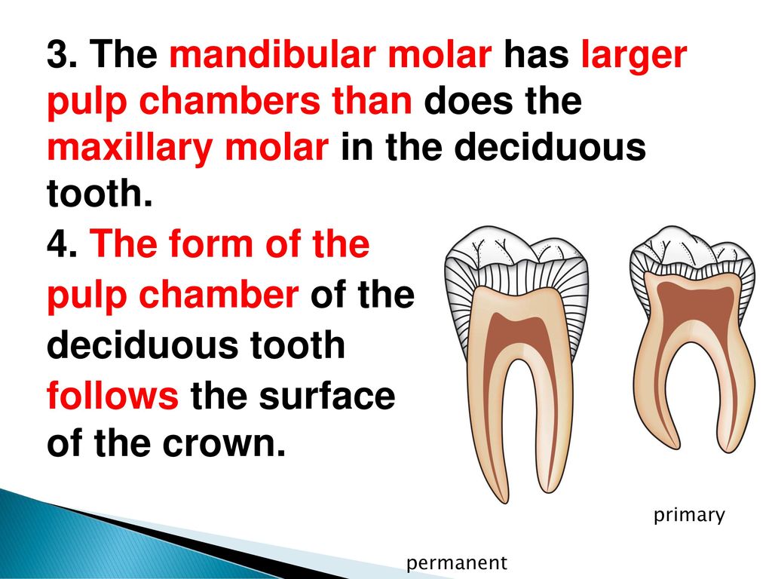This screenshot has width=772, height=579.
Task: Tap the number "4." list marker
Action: tap(62, 244)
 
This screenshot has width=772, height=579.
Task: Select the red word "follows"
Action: tap(113, 395)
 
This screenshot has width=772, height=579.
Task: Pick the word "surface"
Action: tap(327, 395)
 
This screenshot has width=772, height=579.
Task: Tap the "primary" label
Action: tap(689, 516)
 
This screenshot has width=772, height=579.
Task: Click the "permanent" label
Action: tap(456, 563)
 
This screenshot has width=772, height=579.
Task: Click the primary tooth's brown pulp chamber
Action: tap(693, 300)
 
